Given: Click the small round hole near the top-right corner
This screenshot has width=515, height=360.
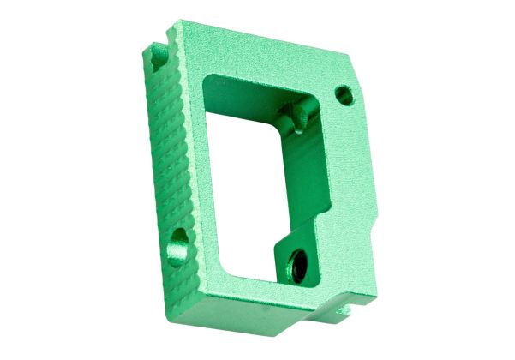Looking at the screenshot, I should pyautogui.click(x=344, y=93).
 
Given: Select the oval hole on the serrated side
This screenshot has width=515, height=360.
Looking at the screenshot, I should pyautogui.click(x=179, y=237).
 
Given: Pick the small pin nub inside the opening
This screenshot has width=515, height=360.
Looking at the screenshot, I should pyautogui.click(x=296, y=112).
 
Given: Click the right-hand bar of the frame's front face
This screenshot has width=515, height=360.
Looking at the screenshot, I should pyautogui.click(x=343, y=171).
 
